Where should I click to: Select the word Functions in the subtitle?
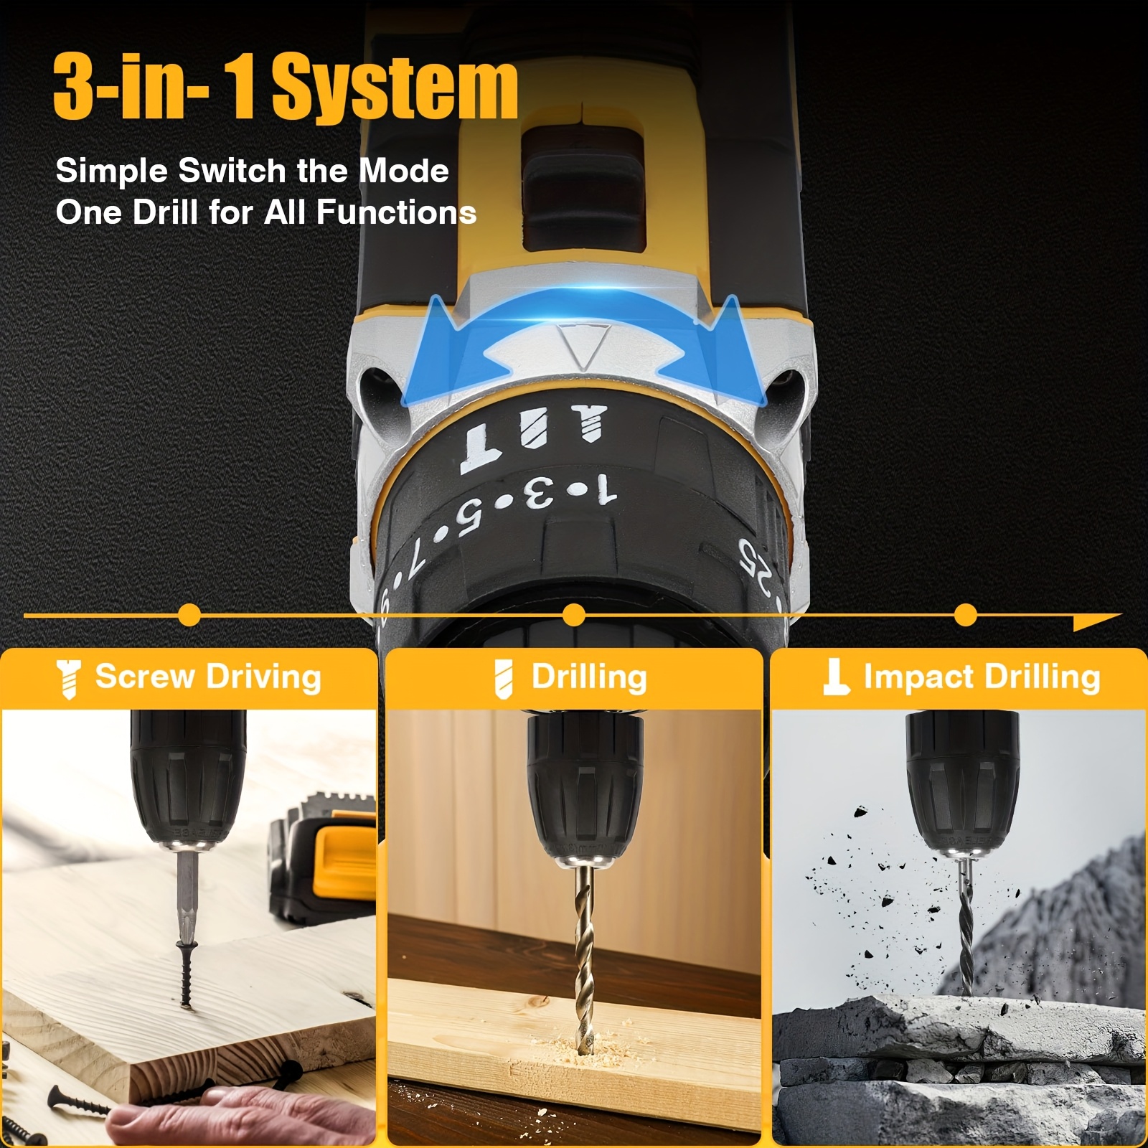[x=396, y=212]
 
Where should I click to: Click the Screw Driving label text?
[x=208, y=677]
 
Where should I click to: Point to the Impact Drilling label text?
[x=982, y=677]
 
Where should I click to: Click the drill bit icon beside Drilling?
[x=504, y=679]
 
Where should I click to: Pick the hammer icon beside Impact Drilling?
[x=835, y=677]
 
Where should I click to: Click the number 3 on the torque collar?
[x=539, y=493]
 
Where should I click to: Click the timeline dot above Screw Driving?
[x=189, y=616]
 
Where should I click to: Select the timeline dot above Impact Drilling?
[x=966, y=616]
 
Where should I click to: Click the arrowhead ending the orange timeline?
[x=1098, y=621]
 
